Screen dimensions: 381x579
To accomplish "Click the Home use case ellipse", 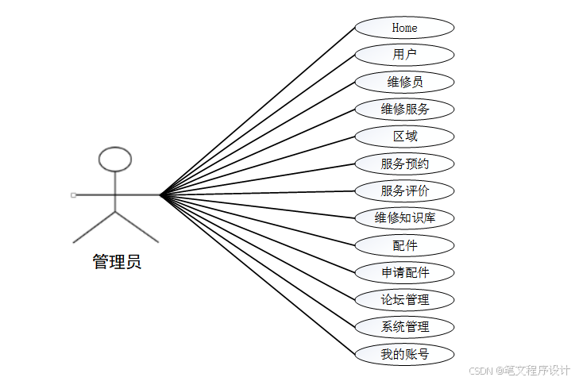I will click(404, 28).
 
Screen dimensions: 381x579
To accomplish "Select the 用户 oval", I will click(404, 55).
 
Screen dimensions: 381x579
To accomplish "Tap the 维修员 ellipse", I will click(404, 82).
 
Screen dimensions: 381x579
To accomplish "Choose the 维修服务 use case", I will click(404, 109).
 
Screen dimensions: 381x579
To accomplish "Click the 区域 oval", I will click(404, 136).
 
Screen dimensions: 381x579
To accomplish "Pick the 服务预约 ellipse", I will click(404, 164).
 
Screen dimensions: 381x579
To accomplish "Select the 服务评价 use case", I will click(404, 190).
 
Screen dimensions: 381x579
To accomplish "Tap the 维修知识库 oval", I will click(404, 217).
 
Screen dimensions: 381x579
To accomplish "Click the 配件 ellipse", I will click(404, 245).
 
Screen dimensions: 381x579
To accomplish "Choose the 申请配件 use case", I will click(404, 272).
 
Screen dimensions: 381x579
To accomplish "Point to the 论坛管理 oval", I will click(404, 299).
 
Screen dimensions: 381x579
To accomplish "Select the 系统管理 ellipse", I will click(404, 326).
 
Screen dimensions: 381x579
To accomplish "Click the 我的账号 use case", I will click(404, 354).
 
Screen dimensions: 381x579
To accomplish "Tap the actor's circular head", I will click(115, 159).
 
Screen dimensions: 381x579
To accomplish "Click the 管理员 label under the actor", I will click(117, 261).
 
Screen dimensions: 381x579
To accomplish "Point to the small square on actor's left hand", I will click(73, 194).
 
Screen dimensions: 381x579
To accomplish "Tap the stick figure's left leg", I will click(94, 227).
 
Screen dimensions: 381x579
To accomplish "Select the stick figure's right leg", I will click(137, 227).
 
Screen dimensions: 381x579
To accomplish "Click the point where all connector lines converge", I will click(160, 194).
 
